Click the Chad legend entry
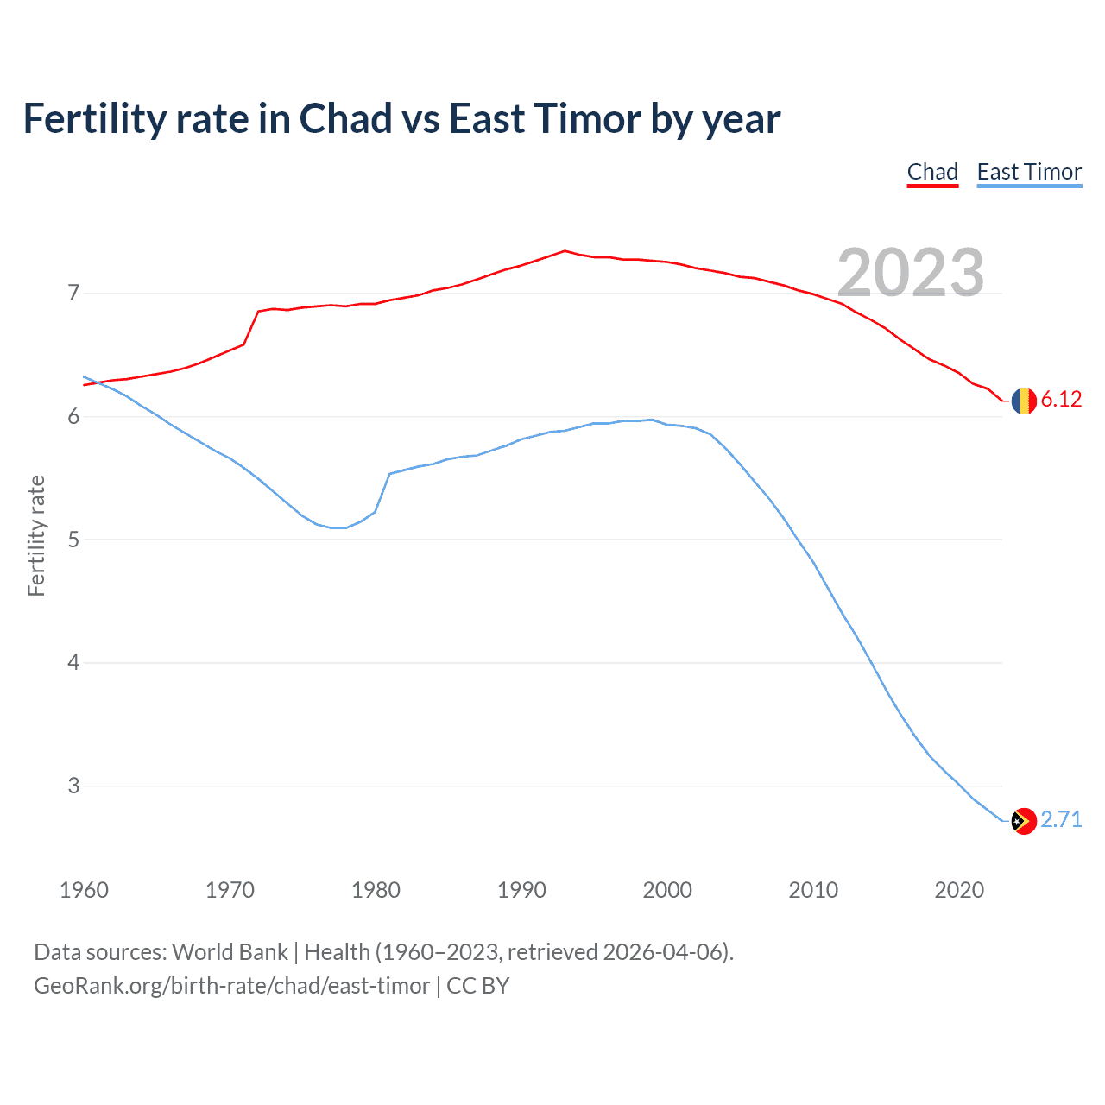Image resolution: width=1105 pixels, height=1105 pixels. (x=932, y=172)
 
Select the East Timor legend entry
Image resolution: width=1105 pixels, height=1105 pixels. (x=1029, y=172)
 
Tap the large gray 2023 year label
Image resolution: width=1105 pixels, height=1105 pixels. (x=911, y=273)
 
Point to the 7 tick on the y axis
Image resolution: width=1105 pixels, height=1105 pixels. (x=73, y=294)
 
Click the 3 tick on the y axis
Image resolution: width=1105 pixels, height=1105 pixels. (x=73, y=786)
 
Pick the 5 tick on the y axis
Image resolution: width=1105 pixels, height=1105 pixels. (x=73, y=540)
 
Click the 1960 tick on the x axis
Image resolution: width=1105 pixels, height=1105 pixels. (x=84, y=890)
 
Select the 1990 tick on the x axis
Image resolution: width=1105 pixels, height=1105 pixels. (x=521, y=890)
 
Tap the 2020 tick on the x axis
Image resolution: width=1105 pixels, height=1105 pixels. (x=959, y=890)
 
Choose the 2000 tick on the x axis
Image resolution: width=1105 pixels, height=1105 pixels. (x=667, y=890)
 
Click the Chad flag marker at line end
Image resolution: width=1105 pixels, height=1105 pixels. (x=1024, y=401)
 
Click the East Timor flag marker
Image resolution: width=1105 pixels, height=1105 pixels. (x=1024, y=821)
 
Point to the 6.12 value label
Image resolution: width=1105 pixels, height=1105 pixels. (x=1061, y=399)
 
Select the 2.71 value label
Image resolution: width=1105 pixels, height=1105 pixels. (x=1061, y=819)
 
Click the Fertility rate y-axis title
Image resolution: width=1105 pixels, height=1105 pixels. (x=36, y=535)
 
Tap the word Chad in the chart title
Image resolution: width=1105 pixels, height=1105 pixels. (x=345, y=119)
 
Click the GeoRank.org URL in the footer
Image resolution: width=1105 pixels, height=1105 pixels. (x=231, y=985)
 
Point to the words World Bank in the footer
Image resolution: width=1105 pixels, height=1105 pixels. (x=230, y=952)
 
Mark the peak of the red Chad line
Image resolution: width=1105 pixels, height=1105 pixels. (x=565, y=251)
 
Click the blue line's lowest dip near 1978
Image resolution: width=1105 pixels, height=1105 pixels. (x=338, y=527)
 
